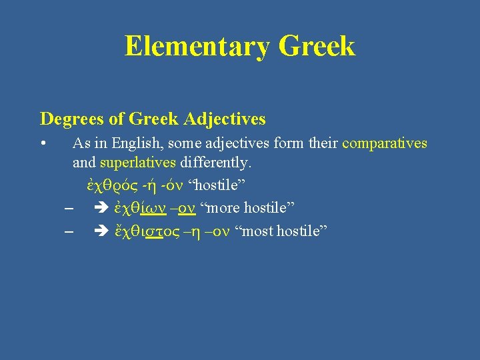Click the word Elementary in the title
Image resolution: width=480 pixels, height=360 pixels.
197,47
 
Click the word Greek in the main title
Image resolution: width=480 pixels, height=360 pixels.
317,47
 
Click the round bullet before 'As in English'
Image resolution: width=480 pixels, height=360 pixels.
43,144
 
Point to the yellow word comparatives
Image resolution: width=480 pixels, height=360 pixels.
385,143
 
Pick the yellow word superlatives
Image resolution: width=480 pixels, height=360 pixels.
138,162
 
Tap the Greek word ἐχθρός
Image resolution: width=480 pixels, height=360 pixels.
107,184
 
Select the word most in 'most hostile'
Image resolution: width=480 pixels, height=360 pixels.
257,231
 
